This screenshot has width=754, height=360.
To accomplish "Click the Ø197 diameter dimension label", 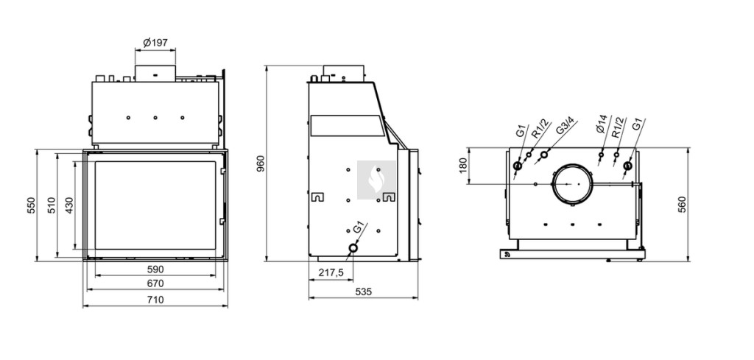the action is click(x=155, y=43).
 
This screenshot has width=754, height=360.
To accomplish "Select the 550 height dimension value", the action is click(x=31, y=205).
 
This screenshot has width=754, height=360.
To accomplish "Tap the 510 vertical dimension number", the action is click(x=52, y=205).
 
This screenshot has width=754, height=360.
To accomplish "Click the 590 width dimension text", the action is click(x=155, y=269).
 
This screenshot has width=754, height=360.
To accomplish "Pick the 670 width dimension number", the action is click(x=155, y=283).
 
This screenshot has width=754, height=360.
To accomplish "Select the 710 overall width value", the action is click(x=155, y=300).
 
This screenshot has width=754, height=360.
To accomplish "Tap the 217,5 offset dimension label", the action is click(x=331, y=272).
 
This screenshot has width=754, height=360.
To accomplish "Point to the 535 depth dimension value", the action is click(x=363, y=292).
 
